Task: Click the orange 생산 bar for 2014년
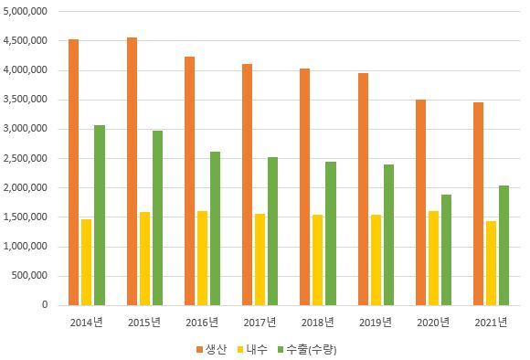[x=73, y=172]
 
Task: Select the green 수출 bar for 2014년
[x=99, y=215]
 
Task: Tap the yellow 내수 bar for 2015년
[x=144, y=259]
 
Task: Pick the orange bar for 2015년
[x=132, y=171]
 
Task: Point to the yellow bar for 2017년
[x=260, y=259]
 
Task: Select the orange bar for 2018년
[x=305, y=186]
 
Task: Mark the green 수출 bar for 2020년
[x=446, y=249]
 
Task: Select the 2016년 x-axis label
[x=202, y=322]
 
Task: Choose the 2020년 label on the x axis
[x=433, y=322]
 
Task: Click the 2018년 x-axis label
[x=317, y=322]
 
